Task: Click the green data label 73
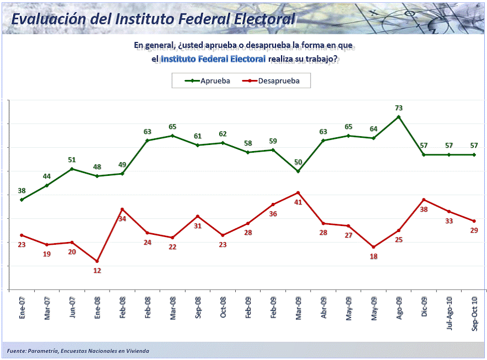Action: click(x=399, y=108)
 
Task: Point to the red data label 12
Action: click(x=97, y=271)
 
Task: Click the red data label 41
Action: click(x=298, y=202)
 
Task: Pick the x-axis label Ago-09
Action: click(x=399, y=305)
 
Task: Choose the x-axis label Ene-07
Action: click(x=22, y=305)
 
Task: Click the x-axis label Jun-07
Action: click(x=72, y=305)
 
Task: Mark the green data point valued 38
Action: click(x=21, y=200)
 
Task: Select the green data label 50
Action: click(x=298, y=162)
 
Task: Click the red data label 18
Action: click(x=374, y=256)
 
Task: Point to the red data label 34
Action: click(x=122, y=218)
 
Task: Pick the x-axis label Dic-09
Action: click(x=424, y=305)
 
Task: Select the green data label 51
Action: click(x=72, y=160)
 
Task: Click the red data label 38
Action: click(x=424, y=209)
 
